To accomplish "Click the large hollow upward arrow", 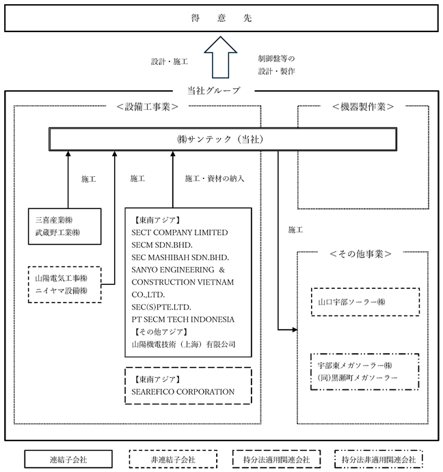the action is click(x=220, y=57).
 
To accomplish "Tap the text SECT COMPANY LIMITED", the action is click(x=180, y=233).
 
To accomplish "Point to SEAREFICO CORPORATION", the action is click(x=183, y=391).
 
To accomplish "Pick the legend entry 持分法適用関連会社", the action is click(x=276, y=459).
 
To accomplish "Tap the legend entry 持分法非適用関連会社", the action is click(x=379, y=459).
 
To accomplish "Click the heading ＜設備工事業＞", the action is click(x=148, y=107).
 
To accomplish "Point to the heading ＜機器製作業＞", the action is click(x=363, y=107).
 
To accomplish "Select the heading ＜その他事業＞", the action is click(x=360, y=254).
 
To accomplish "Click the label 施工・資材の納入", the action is click(x=215, y=178).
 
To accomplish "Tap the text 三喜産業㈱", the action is click(x=54, y=220).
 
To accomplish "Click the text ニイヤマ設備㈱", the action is click(x=61, y=291).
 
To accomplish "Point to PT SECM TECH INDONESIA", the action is click(x=183, y=320).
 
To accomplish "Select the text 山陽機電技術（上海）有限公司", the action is click(x=183, y=344).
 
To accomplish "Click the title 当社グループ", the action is click(x=214, y=91).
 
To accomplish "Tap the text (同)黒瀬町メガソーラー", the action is click(x=358, y=378).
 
